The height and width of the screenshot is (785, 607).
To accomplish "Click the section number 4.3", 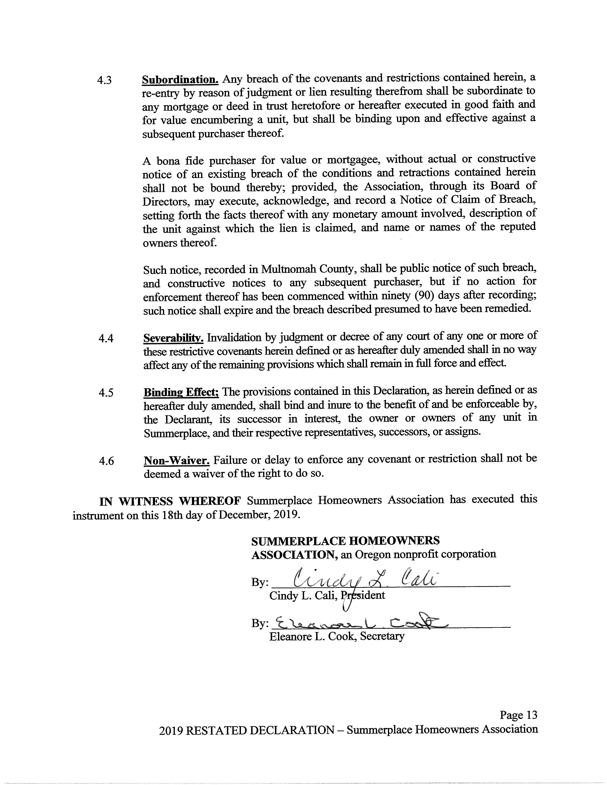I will coord(104,80).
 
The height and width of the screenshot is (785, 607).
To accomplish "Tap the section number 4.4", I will coord(106,338).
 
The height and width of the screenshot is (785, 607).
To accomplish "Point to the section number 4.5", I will coord(106,392).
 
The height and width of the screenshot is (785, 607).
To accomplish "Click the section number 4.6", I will coord(106,461).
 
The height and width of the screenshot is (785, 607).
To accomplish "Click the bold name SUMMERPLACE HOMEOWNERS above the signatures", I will coord(345,541).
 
